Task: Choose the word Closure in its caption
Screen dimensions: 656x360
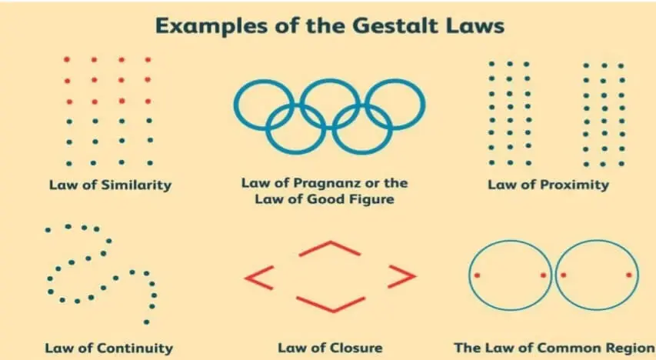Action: click(x=355, y=348)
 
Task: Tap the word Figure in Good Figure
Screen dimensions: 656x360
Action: click(x=370, y=198)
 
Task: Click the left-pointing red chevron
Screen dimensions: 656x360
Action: click(x=259, y=278)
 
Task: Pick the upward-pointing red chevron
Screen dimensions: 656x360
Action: click(x=330, y=248)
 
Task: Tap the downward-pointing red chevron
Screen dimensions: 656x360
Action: click(x=331, y=305)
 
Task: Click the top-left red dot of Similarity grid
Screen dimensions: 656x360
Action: click(x=67, y=59)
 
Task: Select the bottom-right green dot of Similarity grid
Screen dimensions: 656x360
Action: click(x=150, y=163)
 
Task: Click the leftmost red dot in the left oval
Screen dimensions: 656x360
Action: click(x=477, y=275)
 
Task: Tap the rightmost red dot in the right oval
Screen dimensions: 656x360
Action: click(x=629, y=275)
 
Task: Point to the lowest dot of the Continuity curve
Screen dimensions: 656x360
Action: click(x=146, y=322)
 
